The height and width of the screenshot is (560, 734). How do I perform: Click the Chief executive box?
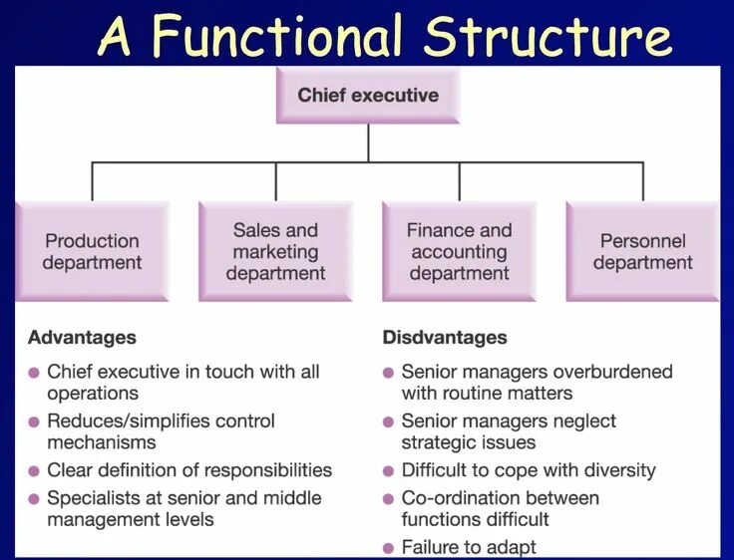click(x=368, y=96)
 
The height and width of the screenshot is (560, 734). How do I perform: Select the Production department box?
click(x=93, y=251)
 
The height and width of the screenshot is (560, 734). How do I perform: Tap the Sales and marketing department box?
click(x=275, y=251)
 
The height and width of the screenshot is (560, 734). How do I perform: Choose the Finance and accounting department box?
click(x=459, y=251)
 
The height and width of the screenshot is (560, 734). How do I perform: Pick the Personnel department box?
click(x=642, y=251)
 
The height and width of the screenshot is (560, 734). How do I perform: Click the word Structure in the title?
click(x=546, y=37)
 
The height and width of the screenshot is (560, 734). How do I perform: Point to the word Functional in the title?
click(x=280, y=37)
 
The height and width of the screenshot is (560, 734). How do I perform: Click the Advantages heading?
click(x=82, y=338)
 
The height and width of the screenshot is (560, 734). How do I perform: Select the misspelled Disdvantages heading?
click(x=445, y=338)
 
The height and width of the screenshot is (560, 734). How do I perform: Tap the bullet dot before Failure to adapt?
click(x=389, y=547)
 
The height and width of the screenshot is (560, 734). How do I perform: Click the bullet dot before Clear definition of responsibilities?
click(x=34, y=470)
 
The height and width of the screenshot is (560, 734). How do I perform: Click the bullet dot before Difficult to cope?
click(x=389, y=470)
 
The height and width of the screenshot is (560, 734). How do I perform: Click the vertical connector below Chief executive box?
click(x=368, y=141)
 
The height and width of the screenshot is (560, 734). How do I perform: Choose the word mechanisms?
click(x=102, y=442)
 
